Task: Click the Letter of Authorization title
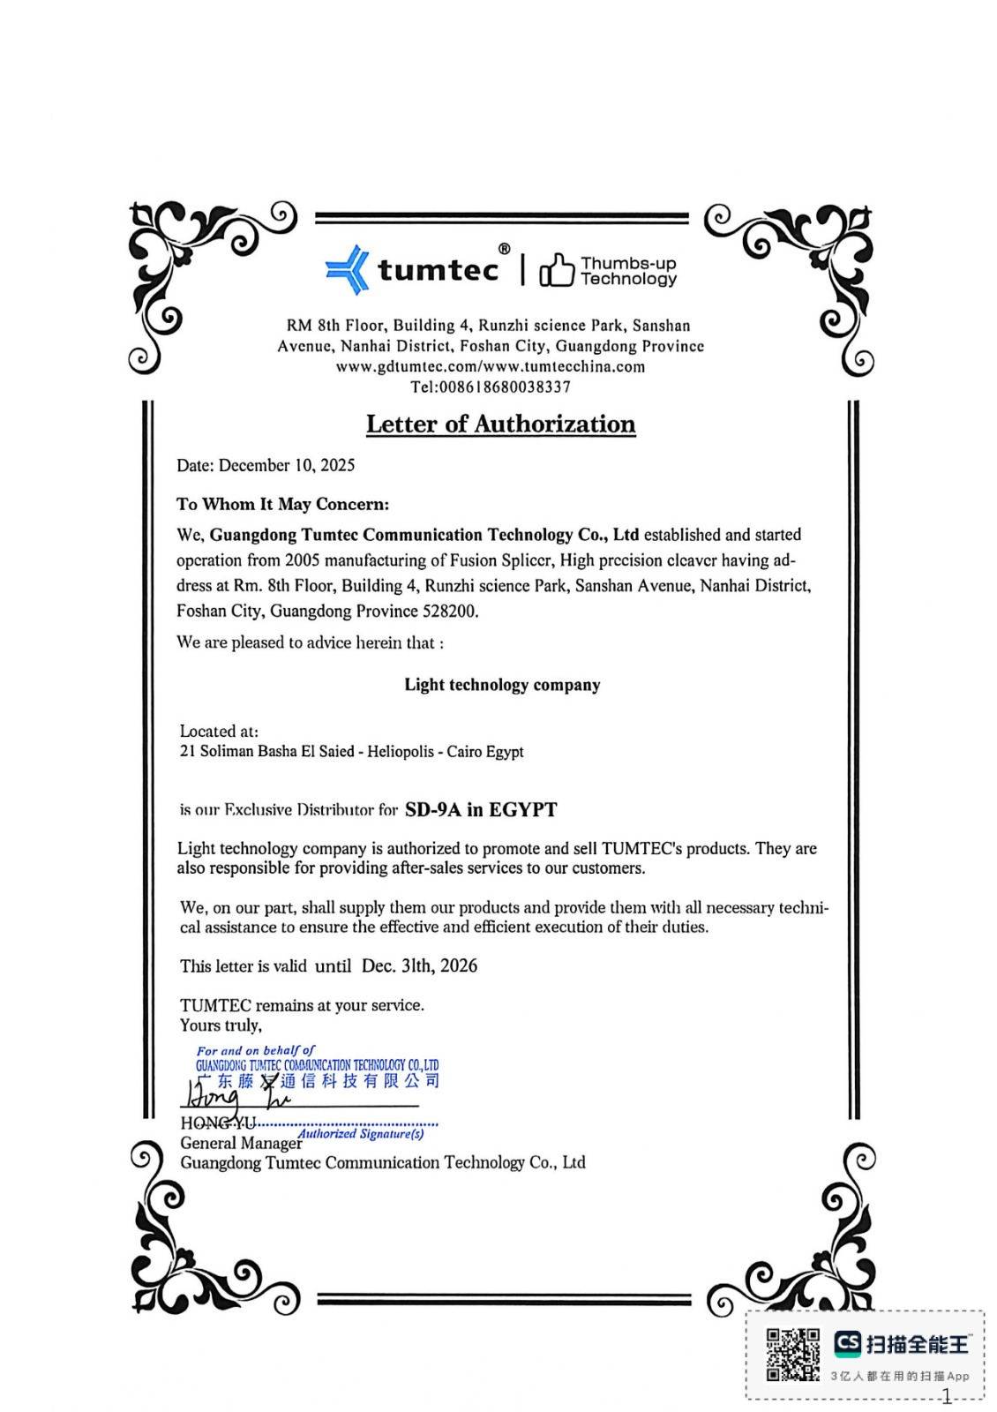[500, 424]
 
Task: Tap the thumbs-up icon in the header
[556, 270]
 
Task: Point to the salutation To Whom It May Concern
[282, 504]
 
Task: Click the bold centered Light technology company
[502, 685]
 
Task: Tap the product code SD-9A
[432, 809]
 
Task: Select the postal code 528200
[450, 611]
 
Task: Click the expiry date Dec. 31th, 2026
[419, 965]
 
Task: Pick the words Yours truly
[221, 1025]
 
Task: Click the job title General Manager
[240, 1144]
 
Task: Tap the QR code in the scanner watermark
[791, 1355]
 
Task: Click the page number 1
[947, 1397]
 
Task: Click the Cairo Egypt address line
[351, 752]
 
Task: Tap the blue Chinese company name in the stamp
[318, 1081]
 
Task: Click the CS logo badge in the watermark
[847, 1343]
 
